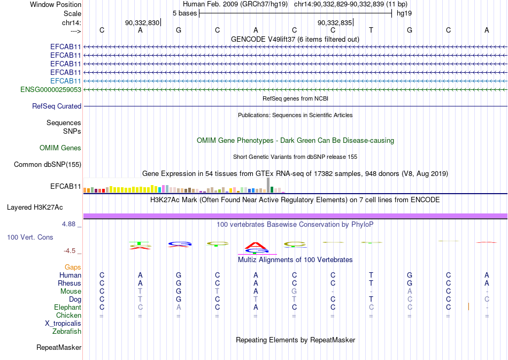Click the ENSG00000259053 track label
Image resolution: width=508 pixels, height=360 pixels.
click(51, 89)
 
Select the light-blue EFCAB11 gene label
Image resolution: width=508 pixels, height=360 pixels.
click(66, 81)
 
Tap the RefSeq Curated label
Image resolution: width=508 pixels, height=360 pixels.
click(57, 106)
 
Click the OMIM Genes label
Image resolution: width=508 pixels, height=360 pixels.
click(60, 148)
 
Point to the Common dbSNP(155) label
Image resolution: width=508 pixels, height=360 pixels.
click(48, 165)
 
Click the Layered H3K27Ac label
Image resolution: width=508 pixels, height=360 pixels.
click(35, 208)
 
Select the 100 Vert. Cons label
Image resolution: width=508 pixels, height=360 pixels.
click(30, 237)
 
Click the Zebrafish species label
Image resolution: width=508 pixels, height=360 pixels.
click(67, 332)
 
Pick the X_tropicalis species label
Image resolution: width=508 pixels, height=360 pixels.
click(63, 324)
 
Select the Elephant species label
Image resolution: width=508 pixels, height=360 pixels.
click(68, 307)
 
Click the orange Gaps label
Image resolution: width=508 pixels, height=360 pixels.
click(73, 267)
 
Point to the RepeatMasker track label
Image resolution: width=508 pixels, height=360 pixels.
click(59, 347)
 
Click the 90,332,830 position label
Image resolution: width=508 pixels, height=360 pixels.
click(142, 22)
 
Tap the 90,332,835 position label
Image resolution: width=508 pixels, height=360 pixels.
click(335, 22)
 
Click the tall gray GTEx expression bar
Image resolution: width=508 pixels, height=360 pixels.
click(268, 185)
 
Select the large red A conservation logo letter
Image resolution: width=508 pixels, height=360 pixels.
click(256, 246)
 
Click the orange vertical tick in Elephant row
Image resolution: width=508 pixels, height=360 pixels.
click(468, 306)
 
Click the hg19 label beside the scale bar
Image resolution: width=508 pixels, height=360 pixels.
click(404, 13)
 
